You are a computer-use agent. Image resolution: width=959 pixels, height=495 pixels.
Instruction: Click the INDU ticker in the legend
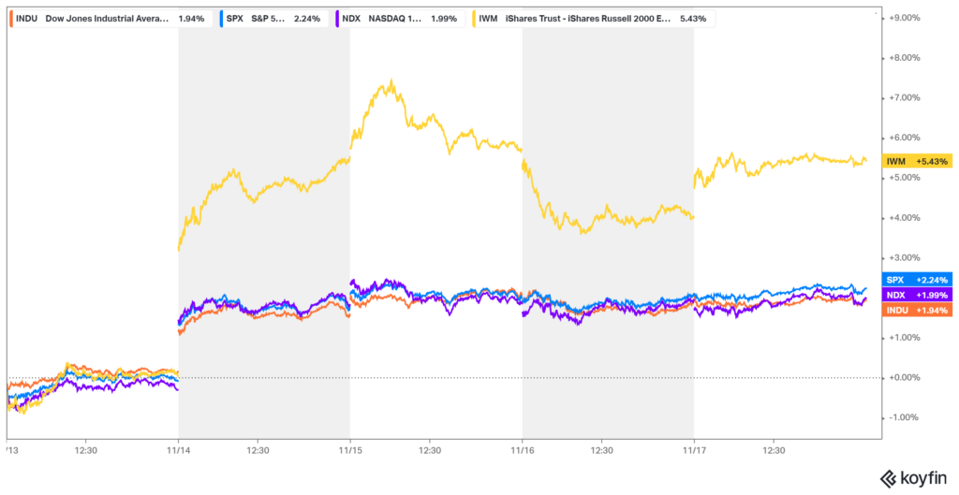[x=26, y=17]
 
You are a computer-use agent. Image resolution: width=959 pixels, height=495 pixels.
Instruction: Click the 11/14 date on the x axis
[x=179, y=450]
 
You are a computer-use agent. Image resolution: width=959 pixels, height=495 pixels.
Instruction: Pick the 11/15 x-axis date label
[x=350, y=450]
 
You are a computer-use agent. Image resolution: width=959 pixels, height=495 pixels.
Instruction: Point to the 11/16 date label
[x=522, y=450]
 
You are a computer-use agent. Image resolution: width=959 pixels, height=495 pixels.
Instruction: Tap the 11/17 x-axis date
[x=694, y=450]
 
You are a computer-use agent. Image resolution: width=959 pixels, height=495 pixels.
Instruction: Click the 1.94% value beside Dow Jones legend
[x=191, y=17]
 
